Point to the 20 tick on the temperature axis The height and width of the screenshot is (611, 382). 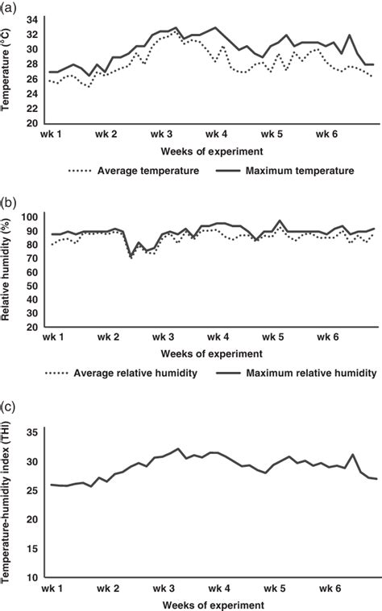31,122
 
